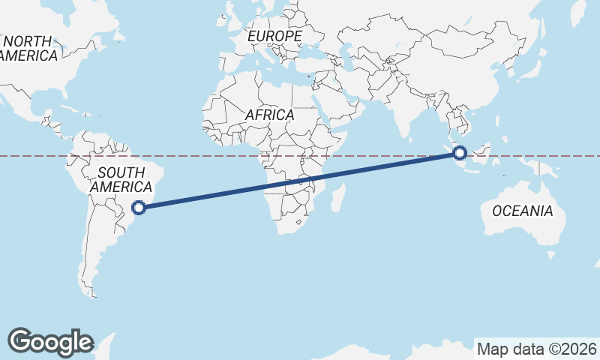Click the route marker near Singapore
460,154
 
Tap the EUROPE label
275,36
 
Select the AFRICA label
269,115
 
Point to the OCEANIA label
523,211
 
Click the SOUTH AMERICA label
120,178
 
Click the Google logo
50,341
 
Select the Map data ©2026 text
537,349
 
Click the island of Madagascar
338,198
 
